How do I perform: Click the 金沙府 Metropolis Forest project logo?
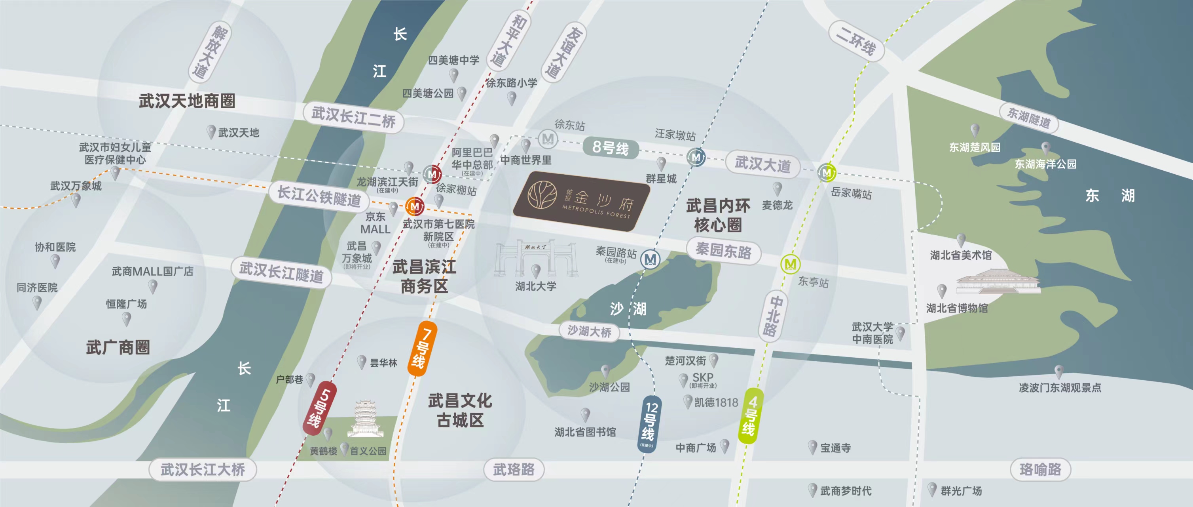pyautogui.click(x=582, y=201)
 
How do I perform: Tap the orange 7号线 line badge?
pyautogui.click(x=422, y=348)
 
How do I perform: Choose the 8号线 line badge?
pyautogui.click(x=611, y=148)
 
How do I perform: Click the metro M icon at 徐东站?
pyautogui.click(x=548, y=139)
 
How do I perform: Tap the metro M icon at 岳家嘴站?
pyautogui.click(x=827, y=173)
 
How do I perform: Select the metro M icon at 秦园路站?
pyautogui.click(x=650, y=259)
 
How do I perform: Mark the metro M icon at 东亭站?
pyautogui.click(x=790, y=264)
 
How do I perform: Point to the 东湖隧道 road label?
pyautogui.click(x=1029, y=118)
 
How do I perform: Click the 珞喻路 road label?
pyautogui.click(x=1040, y=469)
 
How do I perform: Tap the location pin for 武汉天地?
pyautogui.click(x=211, y=131)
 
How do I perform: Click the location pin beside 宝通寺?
pyautogui.click(x=812, y=447)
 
